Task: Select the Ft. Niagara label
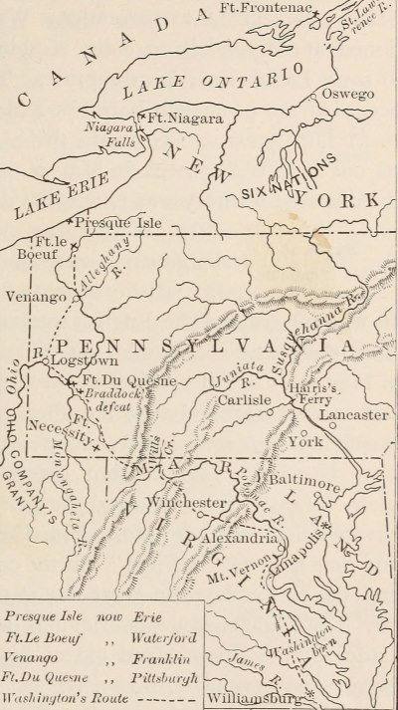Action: [x=180, y=118]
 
